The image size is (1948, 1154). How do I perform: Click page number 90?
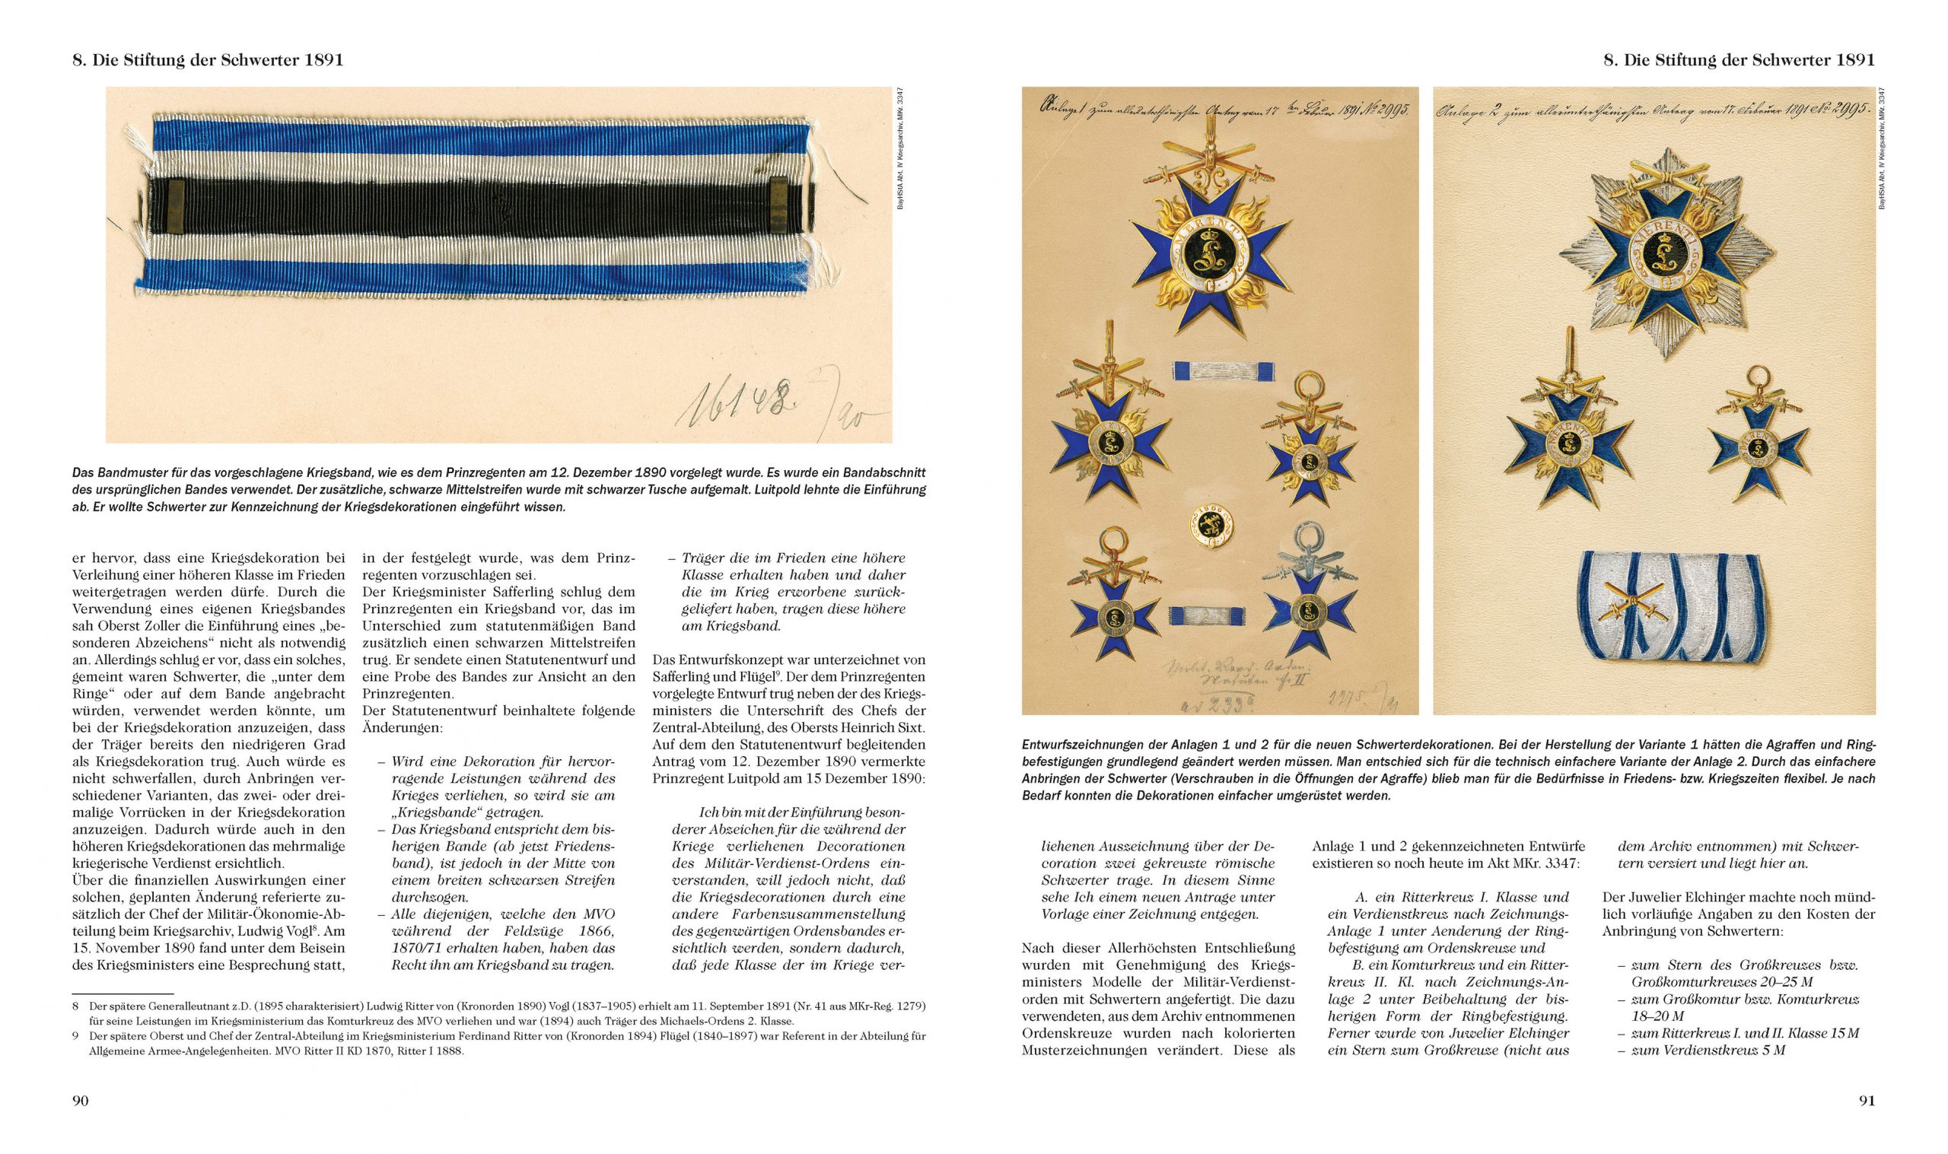[x=80, y=1100]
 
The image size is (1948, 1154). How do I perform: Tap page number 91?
[x=1867, y=1100]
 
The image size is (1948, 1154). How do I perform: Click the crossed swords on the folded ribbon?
[x=1635, y=613]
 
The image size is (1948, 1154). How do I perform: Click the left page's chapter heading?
[x=208, y=60]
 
